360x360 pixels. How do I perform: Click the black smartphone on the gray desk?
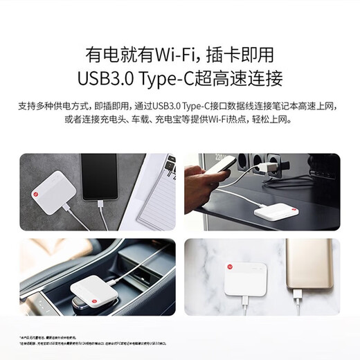[101, 174]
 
